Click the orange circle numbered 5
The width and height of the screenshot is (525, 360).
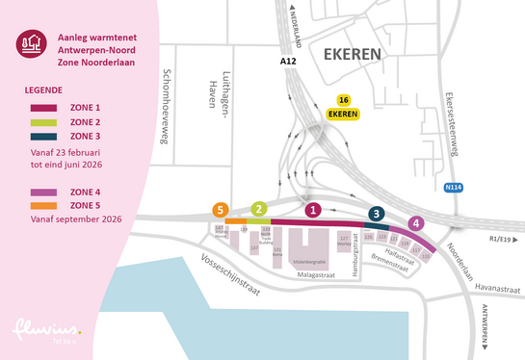(x=222, y=209)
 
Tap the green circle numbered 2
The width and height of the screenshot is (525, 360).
(x=258, y=209)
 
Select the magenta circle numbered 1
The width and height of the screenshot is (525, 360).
(x=311, y=209)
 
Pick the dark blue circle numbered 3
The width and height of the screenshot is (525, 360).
(x=377, y=215)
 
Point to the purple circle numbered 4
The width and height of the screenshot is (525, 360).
(x=415, y=223)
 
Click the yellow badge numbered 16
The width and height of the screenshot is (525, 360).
(x=343, y=100)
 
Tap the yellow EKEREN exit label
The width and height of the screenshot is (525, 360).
(x=344, y=114)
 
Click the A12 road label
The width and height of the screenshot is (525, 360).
(x=288, y=62)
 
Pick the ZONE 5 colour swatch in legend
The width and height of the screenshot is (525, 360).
(x=45, y=205)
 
